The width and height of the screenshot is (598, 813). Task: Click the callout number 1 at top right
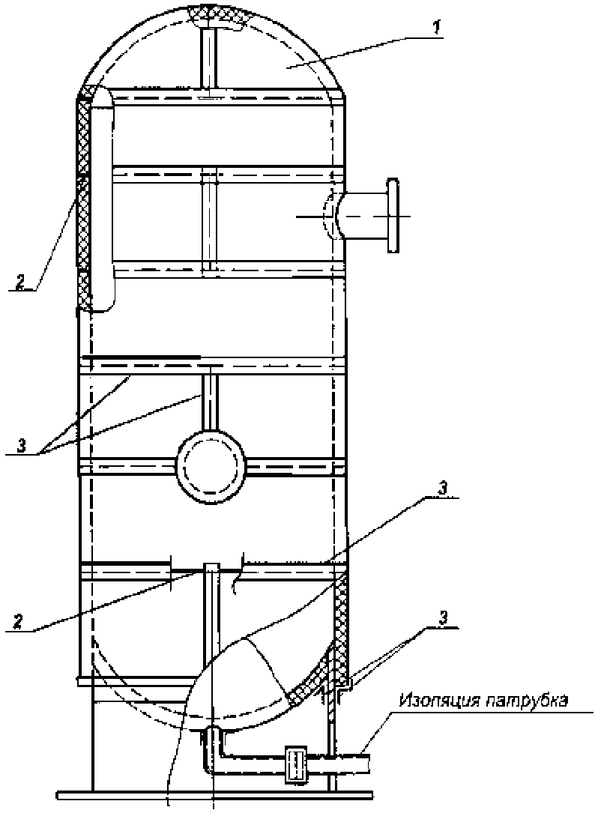click(x=438, y=28)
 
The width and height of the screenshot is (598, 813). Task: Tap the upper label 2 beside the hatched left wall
click(x=19, y=282)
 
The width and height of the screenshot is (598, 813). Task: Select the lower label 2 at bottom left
click(x=18, y=622)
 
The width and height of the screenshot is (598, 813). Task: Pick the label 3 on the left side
click(x=21, y=446)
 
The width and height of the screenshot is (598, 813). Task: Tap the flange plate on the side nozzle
click(x=393, y=215)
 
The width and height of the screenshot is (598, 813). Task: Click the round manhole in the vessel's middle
click(x=210, y=465)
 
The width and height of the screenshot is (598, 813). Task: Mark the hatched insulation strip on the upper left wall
click(x=83, y=202)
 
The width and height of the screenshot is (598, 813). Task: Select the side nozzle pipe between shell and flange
click(x=363, y=215)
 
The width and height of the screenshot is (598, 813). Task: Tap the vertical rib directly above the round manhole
click(x=210, y=399)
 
